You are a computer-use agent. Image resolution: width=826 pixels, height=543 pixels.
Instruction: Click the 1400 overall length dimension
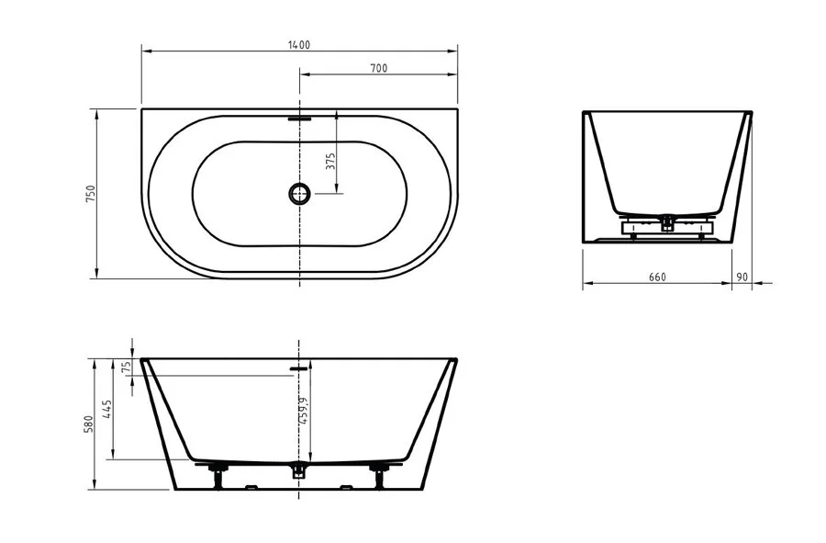point(299,44)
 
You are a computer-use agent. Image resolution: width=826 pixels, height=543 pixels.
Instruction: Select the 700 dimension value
point(378,68)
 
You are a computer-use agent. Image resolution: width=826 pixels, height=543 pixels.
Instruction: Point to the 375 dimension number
point(331,162)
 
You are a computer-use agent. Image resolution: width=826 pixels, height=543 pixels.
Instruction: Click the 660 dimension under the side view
point(656,277)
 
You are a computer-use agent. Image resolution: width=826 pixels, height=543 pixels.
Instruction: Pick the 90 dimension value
point(742,277)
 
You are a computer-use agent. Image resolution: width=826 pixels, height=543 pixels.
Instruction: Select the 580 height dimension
point(90,424)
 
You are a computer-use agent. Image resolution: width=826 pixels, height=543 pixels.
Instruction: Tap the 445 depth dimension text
point(107,409)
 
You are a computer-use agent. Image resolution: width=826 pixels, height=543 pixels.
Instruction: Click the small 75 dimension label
point(127,366)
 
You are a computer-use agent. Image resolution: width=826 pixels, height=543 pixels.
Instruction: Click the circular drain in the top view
point(300,193)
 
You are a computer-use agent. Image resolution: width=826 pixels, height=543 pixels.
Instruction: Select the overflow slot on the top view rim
point(300,118)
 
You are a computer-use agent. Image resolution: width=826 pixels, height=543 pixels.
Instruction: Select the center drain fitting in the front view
point(297,471)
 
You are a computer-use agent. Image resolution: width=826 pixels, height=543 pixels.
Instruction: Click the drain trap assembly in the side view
point(668,223)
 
